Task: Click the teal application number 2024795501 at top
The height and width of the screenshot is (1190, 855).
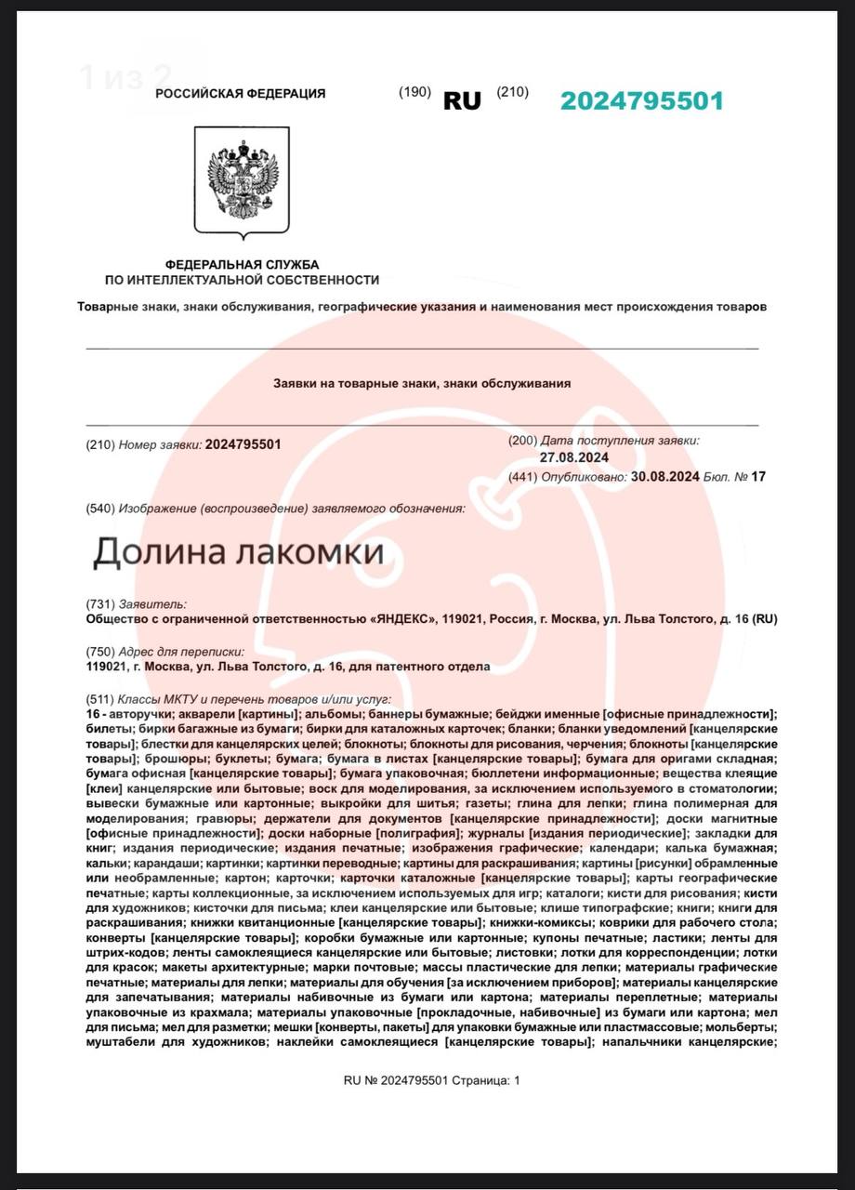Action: tap(641, 101)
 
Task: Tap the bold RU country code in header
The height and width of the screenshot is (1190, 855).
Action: tap(462, 101)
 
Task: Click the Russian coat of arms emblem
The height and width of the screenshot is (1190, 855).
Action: tap(242, 181)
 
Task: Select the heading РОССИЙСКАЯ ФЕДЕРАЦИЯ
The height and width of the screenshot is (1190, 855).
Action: tap(240, 93)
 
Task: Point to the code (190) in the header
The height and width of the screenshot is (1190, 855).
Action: tap(414, 91)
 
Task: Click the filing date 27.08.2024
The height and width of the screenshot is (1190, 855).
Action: tap(574, 456)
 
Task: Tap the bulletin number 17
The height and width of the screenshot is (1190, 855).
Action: tap(758, 476)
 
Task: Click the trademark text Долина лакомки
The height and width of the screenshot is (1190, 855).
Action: tap(238, 552)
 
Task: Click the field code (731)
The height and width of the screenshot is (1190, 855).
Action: tap(99, 604)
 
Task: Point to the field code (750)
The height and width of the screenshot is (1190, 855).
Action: tap(99, 652)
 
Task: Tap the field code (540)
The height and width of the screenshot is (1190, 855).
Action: tap(99, 509)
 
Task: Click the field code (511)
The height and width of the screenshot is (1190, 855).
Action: tap(99, 699)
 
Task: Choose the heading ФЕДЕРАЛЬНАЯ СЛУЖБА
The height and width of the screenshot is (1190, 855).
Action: tap(242, 265)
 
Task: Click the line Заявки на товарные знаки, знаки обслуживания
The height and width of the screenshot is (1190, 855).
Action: tap(422, 383)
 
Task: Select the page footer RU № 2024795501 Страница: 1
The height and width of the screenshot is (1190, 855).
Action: tap(432, 1080)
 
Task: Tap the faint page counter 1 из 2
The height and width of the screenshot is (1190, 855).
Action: tap(125, 76)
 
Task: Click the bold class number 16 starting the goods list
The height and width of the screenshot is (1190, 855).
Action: tap(93, 714)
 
